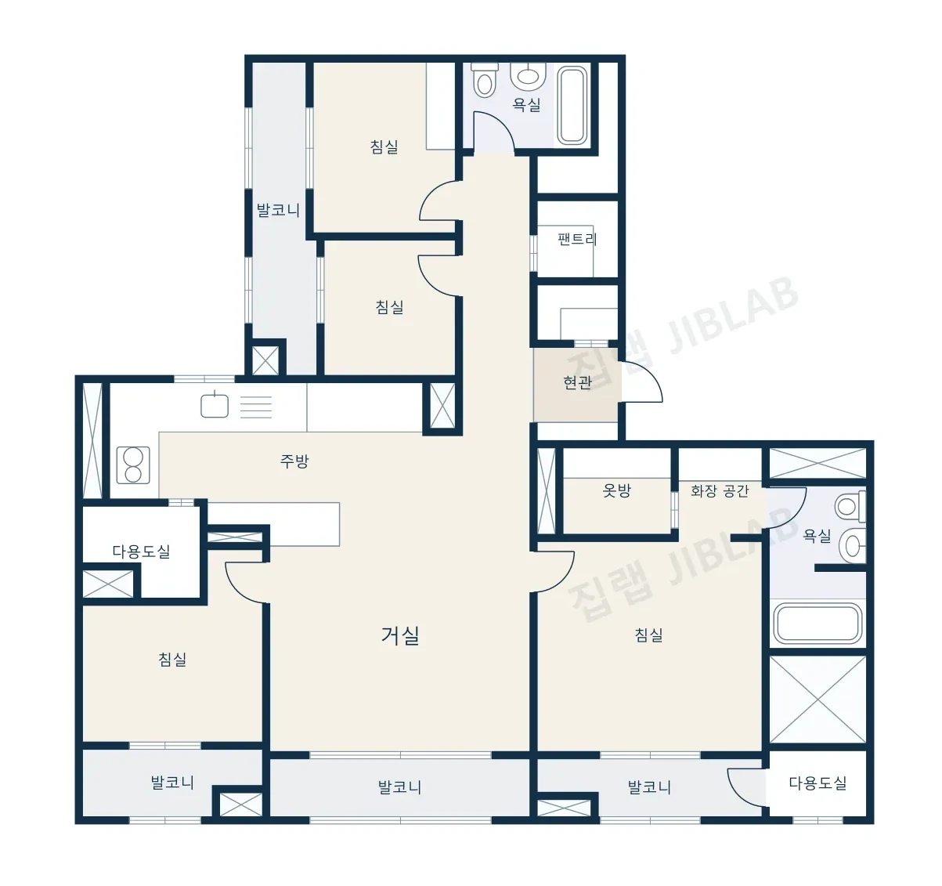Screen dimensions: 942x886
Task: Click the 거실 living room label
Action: pyautogui.click(x=400, y=635)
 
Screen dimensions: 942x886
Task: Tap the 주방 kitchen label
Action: pyautogui.click(x=294, y=461)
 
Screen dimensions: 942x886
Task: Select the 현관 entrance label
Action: pyautogui.click(x=577, y=382)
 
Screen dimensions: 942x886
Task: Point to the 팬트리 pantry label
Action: pyautogui.click(x=577, y=239)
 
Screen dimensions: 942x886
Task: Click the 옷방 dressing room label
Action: pyautogui.click(x=616, y=490)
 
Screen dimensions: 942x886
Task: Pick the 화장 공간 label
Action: pyautogui.click(x=720, y=490)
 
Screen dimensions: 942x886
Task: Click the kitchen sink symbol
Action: pyautogui.click(x=215, y=406)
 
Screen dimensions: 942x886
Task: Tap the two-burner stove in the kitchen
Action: pyautogui.click(x=133, y=465)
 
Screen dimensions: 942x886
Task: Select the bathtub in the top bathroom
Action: pyautogui.click(x=572, y=105)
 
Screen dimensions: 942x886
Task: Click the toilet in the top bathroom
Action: pyautogui.click(x=484, y=80)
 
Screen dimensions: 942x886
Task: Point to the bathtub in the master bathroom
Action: pyautogui.click(x=817, y=623)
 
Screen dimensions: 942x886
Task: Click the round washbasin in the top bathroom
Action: pyautogui.click(x=528, y=75)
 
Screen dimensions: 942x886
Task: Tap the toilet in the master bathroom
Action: pyautogui.click(x=850, y=506)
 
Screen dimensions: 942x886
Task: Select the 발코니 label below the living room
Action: pyautogui.click(x=399, y=787)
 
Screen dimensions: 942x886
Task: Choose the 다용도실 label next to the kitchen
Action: pyautogui.click(x=141, y=551)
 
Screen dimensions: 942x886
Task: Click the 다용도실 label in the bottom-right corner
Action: pyautogui.click(x=817, y=783)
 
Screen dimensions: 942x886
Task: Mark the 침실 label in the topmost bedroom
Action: pyautogui.click(x=384, y=146)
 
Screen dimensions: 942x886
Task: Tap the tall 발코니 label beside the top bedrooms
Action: pyautogui.click(x=278, y=210)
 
